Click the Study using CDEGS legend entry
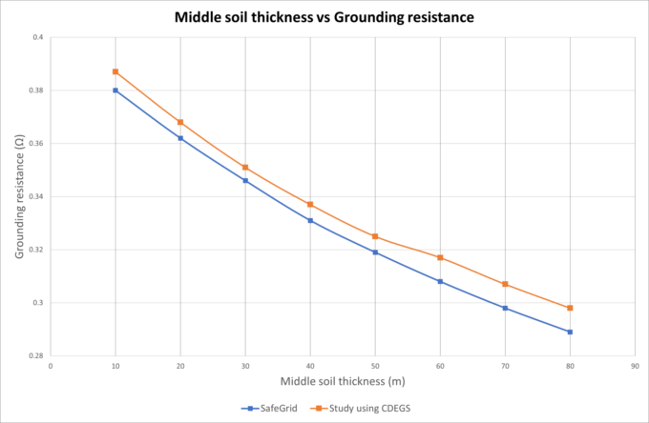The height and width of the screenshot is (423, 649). pos(363,408)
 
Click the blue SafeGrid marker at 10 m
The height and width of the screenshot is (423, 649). pos(115,91)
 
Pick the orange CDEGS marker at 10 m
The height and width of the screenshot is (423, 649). pos(115,71)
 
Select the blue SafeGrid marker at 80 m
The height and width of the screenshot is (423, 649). pos(570,332)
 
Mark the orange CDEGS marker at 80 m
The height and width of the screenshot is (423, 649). pos(570,308)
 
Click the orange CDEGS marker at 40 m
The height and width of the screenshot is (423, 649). pos(310,204)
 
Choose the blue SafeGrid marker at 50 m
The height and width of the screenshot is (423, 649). pos(375,252)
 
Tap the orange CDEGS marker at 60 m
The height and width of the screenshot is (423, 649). pos(440,257)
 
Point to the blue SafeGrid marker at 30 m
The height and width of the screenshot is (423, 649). pos(245,180)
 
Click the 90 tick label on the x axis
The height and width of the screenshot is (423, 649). pos(635,366)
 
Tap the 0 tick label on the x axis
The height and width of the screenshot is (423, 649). pos(50,366)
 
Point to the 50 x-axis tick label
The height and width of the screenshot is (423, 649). pos(375,366)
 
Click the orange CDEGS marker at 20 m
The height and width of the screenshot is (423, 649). pos(179,122)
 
